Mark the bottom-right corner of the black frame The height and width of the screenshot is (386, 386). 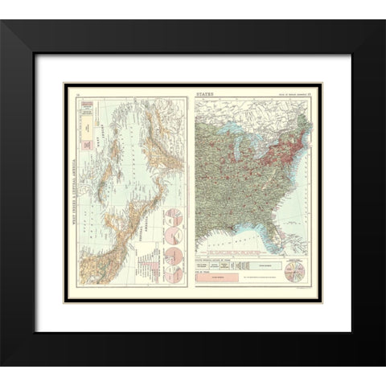click(384, 367)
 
